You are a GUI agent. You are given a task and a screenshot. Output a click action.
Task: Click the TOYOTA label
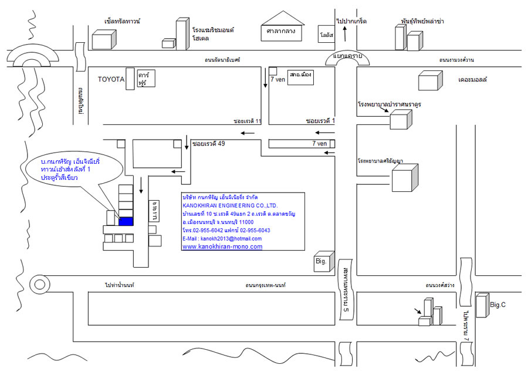click(110, 79)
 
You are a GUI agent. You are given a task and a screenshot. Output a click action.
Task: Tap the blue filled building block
click(126, 221)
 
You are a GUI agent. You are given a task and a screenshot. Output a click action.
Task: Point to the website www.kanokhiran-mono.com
click(222, 247)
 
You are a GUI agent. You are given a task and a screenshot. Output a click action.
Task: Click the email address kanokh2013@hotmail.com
click(222, 239)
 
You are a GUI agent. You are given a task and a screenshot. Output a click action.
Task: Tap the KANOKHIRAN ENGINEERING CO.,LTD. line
click(230, 205)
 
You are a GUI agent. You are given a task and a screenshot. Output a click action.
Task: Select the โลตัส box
click(326, 34)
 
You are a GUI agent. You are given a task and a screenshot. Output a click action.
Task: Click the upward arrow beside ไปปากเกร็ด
click(344, 33)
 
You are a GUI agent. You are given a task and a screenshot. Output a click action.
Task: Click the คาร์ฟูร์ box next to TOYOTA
click(145, 80)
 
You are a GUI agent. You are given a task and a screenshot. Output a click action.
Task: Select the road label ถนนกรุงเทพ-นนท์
click(265, 285)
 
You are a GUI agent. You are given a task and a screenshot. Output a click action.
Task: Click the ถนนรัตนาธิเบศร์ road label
click(222, 60)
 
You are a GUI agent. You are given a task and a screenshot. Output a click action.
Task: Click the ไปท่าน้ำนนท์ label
click(120, 285)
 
